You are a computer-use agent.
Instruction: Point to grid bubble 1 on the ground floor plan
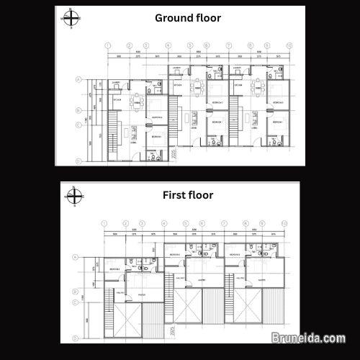pyautogui.click(x=107, y=44)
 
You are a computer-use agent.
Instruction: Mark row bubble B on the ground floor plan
pyautogui.click(x=78, y=110)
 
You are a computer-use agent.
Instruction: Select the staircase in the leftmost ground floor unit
pyautogui.click(x=113, y=134)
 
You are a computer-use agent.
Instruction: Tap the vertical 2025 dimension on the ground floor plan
pyautogui.click(x=176, y=153)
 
